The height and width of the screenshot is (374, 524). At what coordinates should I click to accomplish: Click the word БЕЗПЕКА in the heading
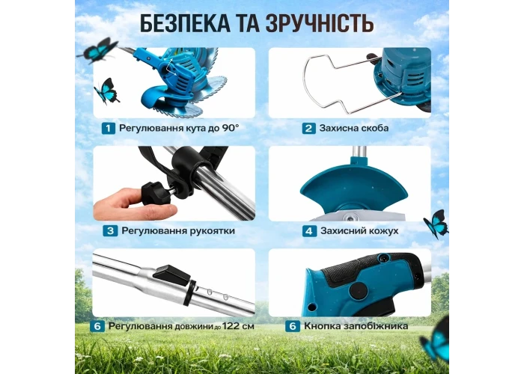coord(185,23)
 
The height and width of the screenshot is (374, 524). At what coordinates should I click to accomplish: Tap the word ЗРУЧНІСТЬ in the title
coord(320,23)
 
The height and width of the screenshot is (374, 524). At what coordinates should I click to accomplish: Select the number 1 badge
coord(109,128)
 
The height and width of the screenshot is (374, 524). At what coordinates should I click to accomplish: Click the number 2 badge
coord(308,128)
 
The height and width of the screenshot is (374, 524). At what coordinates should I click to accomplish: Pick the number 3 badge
coord(110,230)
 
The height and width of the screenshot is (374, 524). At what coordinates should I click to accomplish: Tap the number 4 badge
coord(309,230)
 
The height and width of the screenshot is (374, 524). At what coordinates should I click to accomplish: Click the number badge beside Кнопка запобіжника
coord(293,326)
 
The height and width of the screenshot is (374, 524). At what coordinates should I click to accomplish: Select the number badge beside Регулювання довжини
coord(97,326)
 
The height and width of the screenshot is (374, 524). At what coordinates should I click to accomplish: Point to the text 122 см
coord(238,326)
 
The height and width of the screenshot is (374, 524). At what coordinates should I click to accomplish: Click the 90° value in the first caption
coord(231,128)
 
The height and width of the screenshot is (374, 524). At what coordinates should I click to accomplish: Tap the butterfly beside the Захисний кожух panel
coord(436,224)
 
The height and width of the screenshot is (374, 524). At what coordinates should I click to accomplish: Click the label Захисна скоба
coord(354,128)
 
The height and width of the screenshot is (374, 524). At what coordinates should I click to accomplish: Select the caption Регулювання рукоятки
coord(178,230)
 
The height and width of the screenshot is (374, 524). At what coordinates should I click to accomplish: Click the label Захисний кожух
coord(359,230)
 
